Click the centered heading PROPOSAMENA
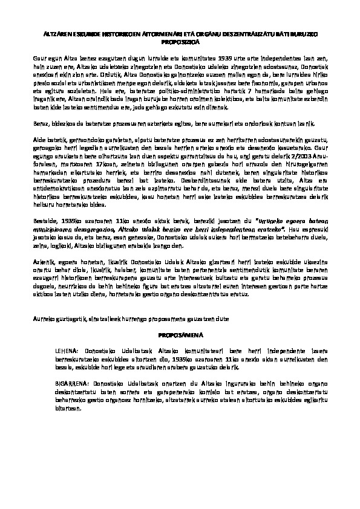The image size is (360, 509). (x=179, y=334)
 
